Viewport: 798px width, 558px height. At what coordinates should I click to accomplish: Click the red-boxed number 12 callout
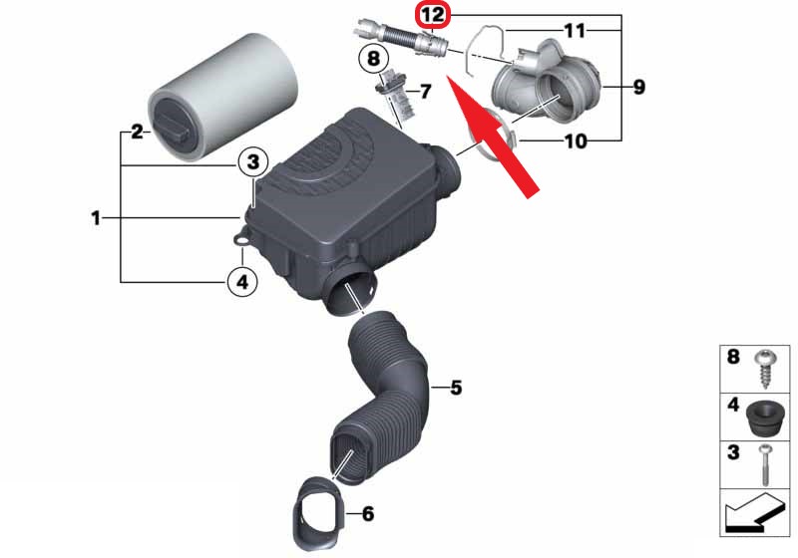click(433, 15)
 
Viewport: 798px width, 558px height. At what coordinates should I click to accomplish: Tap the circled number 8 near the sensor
click(373, 58)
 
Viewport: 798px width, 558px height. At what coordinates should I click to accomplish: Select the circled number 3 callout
click(253, 162)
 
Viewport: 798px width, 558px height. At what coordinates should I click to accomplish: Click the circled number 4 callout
click(242, 281)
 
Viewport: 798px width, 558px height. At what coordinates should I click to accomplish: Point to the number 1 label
click(96, 218)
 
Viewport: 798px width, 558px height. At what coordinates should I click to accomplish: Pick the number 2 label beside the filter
click(137, 133)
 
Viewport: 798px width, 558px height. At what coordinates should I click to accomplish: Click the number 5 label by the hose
click(456, 388)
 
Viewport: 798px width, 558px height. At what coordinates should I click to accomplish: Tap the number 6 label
click(367, 514)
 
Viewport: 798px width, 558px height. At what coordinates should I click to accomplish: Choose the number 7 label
click(425, 92)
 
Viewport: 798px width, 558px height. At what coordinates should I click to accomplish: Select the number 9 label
click(638, 87)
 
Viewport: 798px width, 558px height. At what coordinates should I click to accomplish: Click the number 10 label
click(576, 141)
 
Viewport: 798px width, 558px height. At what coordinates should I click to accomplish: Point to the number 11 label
click(576, 31)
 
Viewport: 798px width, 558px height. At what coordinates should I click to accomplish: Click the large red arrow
click(492, 136)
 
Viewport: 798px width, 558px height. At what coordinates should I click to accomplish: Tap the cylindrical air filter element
click(222, 97)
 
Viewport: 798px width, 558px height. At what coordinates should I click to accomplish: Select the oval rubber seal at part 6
click(319, 514)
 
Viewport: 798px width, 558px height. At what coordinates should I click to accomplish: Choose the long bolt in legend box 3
click(765, 464)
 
